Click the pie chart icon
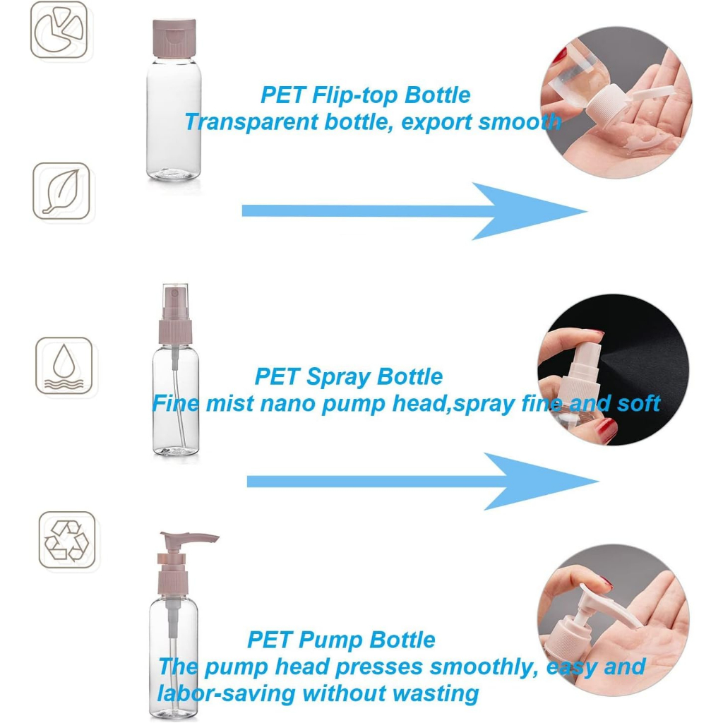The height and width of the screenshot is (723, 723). tap(59, 30)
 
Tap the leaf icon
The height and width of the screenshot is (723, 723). tap(61, 191)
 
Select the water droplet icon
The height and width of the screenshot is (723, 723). tap(64, 366)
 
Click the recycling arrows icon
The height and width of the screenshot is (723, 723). tap(67, 540)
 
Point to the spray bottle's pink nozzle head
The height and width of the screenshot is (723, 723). tap(175, 313)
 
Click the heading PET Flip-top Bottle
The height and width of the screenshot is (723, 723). tap(365, 95)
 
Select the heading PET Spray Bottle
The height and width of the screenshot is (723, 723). tap(349, 376)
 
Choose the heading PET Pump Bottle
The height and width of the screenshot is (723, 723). tap(341, 640)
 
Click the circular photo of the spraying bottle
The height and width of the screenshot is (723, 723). tap(614, 370)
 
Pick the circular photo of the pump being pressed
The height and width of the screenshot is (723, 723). tap(614, 620)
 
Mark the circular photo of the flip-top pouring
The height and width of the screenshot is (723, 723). tap(616, 102)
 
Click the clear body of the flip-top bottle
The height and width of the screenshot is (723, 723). tap(174, 119)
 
